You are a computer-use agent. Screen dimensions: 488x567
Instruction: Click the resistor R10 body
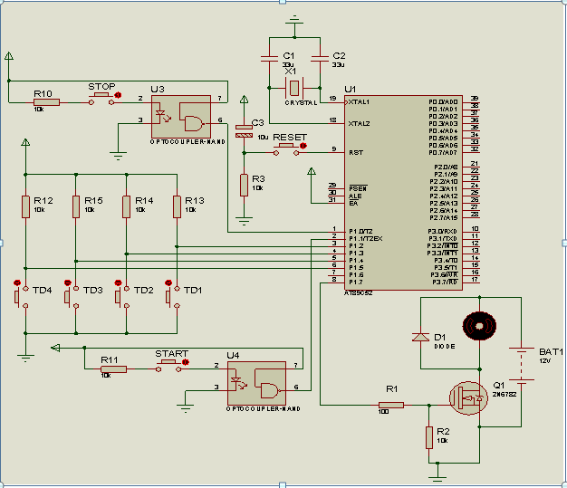tap(46, 101)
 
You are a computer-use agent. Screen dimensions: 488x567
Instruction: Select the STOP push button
tap(102, 96)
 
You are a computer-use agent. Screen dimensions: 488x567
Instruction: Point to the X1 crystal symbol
tap(294, 88)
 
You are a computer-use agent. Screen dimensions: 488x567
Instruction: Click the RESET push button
tap(290, 146)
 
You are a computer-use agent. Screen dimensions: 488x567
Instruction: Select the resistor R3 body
tap(244, 185)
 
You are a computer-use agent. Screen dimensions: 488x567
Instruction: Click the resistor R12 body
tap(25, 206)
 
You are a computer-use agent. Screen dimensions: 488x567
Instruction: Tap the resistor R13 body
tap(177, 206)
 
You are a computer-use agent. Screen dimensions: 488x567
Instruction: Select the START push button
tap(170, 363)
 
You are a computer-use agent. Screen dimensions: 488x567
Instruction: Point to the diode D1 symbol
tap(420, 337)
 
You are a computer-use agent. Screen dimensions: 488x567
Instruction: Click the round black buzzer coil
tap(477, 324)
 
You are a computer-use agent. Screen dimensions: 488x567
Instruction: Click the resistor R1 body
tap(391, 405)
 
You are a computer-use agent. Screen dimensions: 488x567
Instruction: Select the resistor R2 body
tap(428, 438)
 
